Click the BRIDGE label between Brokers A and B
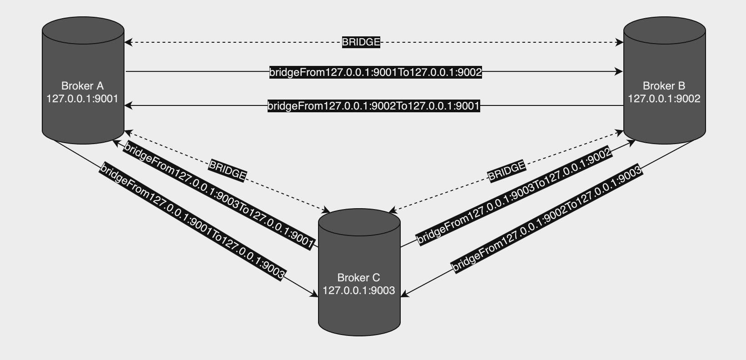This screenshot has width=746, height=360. [x=361, y=42]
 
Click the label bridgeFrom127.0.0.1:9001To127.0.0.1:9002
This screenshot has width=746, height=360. [x=375, y=72]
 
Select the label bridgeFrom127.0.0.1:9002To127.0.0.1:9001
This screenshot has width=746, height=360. [x=373, y=106]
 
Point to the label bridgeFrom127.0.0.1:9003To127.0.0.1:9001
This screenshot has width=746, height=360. [x=219, y=195]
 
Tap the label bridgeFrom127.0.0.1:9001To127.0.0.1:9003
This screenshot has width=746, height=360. [x=193, y=221]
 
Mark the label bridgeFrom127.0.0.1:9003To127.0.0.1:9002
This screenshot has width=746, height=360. [x=514, y=196]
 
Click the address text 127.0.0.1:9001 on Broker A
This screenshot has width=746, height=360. [x=83, y=99]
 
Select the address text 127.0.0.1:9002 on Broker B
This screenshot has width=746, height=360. [x=664, y=99]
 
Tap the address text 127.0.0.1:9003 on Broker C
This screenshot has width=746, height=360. [x=359, y=290]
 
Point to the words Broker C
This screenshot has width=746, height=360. [x=359, y=278]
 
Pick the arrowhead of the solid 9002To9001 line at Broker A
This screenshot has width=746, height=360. [x=128, y=105]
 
